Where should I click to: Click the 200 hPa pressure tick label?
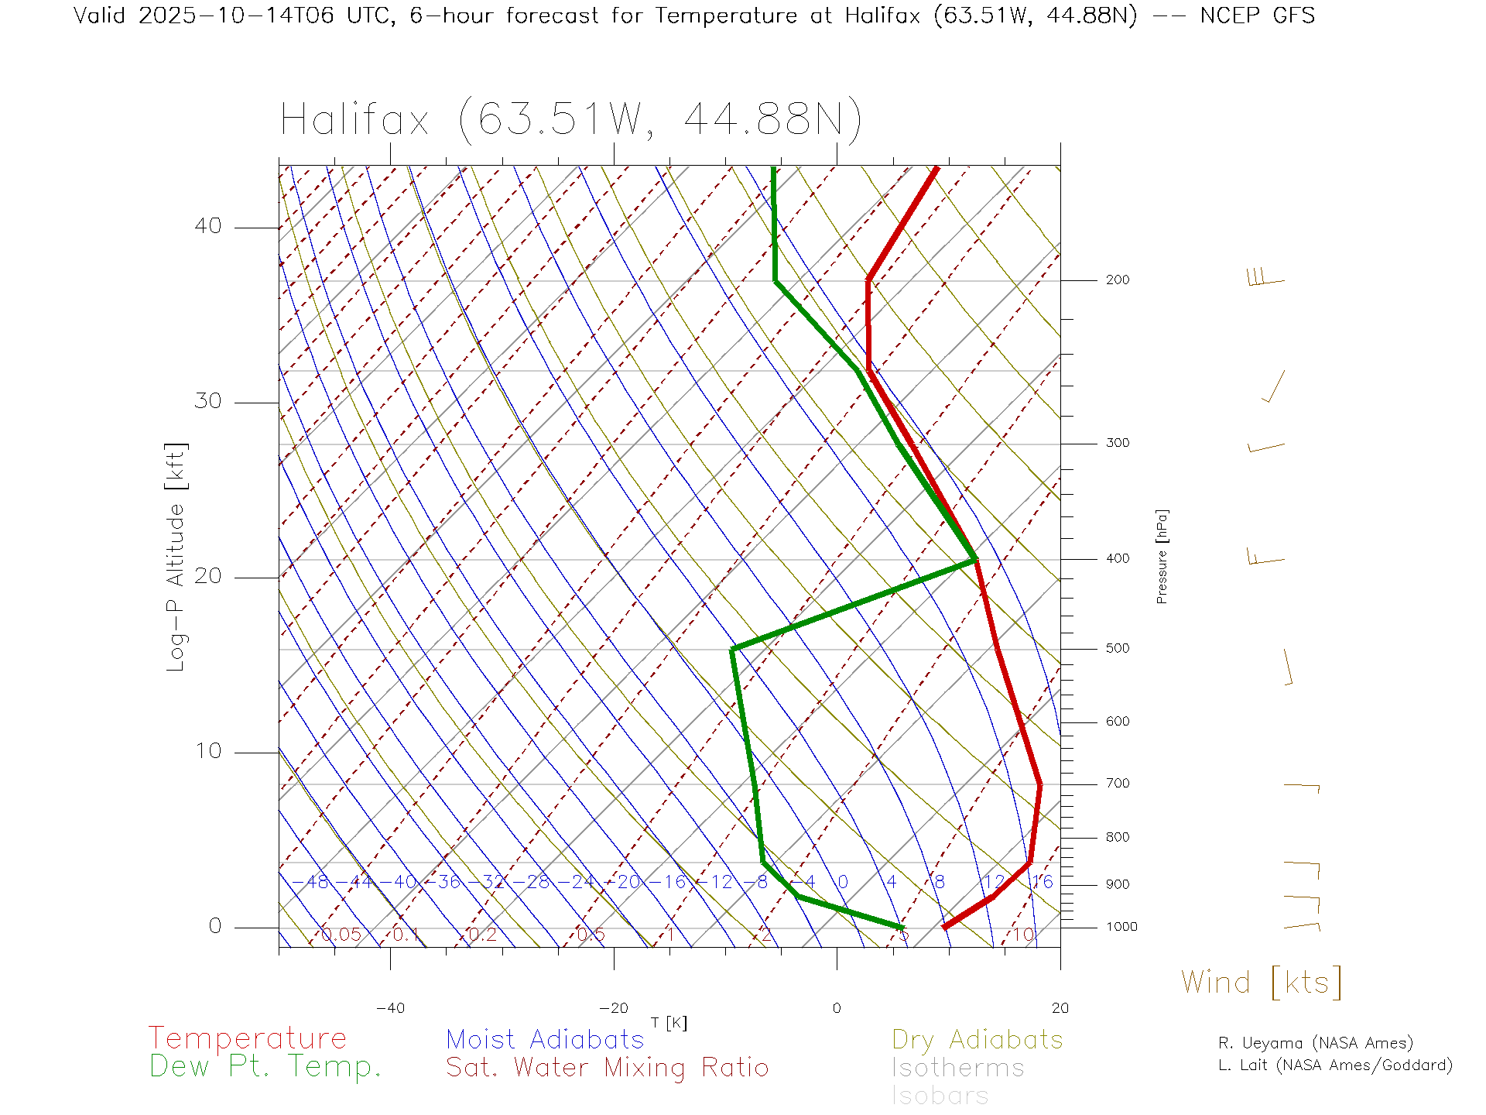pyautogui.click(x=1117, y=280)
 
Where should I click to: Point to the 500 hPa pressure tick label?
pyautogui.click(x=1117, y=648)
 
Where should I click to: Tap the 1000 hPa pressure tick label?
pyautogui.click(x=1121, y=927)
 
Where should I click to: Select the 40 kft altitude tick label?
pyautogui.click(x=207, y=226)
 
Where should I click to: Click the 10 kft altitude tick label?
pyautogui.click(x=207, y=751)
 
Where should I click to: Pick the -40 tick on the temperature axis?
pyautogui.click(x=390, y=1007)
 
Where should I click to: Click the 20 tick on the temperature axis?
pyautogui.click(x=1060, y=1007)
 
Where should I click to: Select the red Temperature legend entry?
pyautogui.click(x=248, y=1038)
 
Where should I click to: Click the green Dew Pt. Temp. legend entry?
pyautogui.click(x=265, y=1067)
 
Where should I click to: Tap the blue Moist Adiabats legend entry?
pyautogui.click(x=545, y=1039)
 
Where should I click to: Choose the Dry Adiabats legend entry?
pyautogui.click(x=977, y=1039)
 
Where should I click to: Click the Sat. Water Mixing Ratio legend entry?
pyautogui.click(x=607, y=1068)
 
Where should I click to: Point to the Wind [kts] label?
pyautogui.click(x=1261, y=982)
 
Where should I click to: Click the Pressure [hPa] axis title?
pyautogui.click(x=1162, y=556)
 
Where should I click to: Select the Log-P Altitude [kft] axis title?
pyautogui.click(x=176, y=557)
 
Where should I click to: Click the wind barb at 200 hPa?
pyautogui.click(x=1266, y=279)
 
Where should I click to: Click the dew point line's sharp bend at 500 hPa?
pyautogui.click(x=732, y=649)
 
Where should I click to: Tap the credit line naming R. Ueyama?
pyautogui.click(x=1315, y=1043)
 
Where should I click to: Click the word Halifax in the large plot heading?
pyautogui.click(x=354, y=120)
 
